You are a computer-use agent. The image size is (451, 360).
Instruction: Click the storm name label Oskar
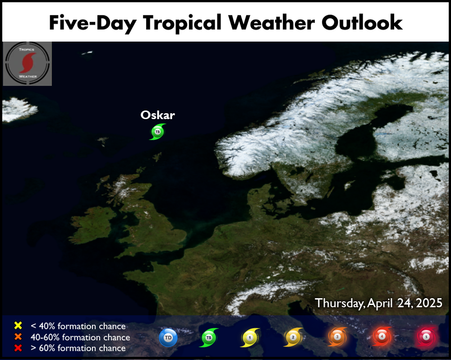[x=157, y=115]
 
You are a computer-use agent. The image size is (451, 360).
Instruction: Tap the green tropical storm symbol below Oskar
[x=157, y=132]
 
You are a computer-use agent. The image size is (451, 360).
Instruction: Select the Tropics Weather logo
[x=28, y=64]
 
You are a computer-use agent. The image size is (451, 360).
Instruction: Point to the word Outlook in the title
[x=362, y=23]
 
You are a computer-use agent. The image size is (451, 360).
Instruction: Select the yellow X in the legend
[x=18, y=325]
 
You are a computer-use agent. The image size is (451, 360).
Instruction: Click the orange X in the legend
[x=18, y=337]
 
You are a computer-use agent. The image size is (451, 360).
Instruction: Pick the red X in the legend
[x=18, y=348]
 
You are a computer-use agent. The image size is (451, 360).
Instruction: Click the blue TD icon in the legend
[x=168, y=337]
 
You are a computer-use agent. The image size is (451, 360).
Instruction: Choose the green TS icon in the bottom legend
[x=209, y=337]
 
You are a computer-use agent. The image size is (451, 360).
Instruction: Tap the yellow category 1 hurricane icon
[x=250, y=337]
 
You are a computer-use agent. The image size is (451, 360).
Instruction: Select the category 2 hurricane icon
[x=293, y=337]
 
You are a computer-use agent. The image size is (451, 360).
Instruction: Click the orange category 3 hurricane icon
[x=337, y=337]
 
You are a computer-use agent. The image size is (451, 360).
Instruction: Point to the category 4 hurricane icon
[x=382, y=336]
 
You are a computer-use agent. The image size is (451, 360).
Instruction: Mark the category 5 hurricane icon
[x=426, y=337]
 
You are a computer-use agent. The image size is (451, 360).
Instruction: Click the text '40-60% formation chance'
[x=80, y=337]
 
